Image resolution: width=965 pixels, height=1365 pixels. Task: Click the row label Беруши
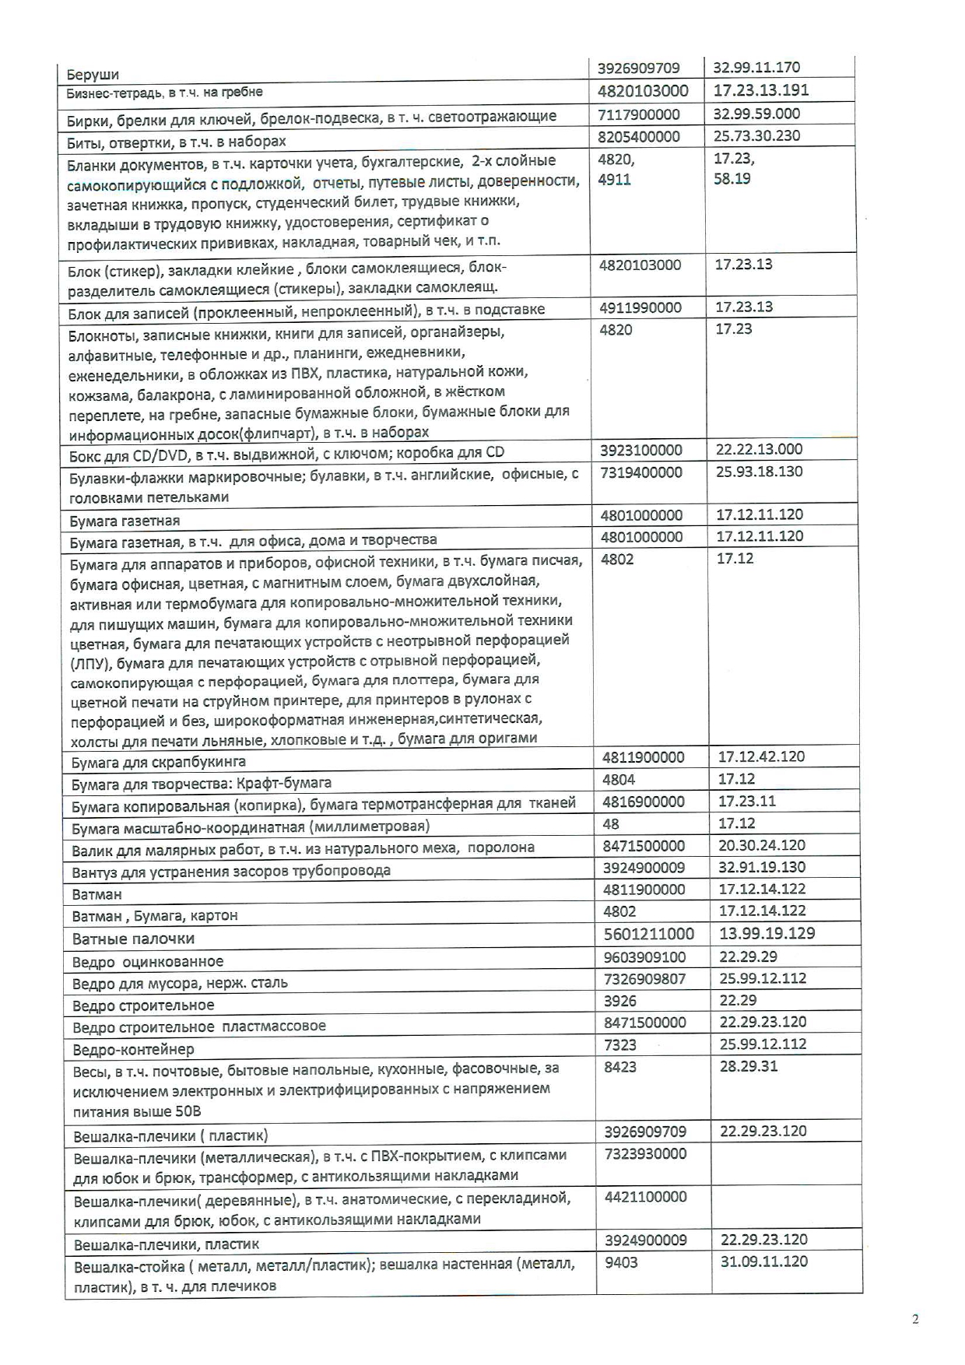(93, 75)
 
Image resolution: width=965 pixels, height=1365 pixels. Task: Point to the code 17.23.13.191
(750, 90)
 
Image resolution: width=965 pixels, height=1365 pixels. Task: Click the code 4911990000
(640, 307)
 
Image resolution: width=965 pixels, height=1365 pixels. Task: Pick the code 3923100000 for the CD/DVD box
(641, 450)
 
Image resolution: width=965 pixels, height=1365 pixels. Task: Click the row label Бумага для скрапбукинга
(159, 762)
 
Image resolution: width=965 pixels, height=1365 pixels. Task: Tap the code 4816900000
(644, 802)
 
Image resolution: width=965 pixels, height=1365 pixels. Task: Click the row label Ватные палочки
(133, 939)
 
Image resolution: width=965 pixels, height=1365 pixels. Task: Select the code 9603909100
(644, 956)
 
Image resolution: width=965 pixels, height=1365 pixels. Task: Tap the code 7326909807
(644, 978)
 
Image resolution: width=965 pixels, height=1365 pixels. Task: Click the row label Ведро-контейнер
(133, 1049)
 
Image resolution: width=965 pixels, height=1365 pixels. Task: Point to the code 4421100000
(645, 1197)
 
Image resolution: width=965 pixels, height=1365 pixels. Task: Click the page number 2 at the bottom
(915, 1319)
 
